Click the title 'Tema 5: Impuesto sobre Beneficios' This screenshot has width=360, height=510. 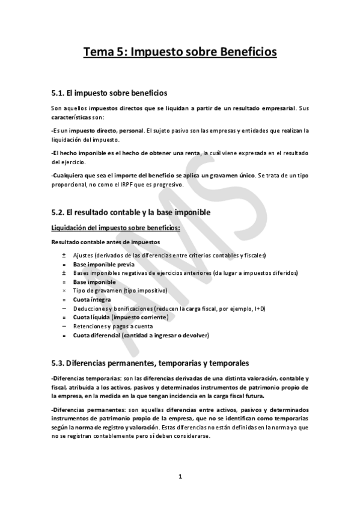[180, 52]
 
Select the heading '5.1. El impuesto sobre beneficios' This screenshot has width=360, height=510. [109, 93]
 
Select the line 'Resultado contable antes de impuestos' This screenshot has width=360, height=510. [106, 242]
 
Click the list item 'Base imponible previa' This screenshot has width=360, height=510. [103, 264]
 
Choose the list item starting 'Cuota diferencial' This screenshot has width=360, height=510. [141, 335]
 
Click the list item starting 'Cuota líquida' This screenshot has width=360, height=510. [120, 317]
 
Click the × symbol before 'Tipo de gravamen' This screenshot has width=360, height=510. [64, 290]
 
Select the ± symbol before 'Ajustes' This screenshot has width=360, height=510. [64, 256]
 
